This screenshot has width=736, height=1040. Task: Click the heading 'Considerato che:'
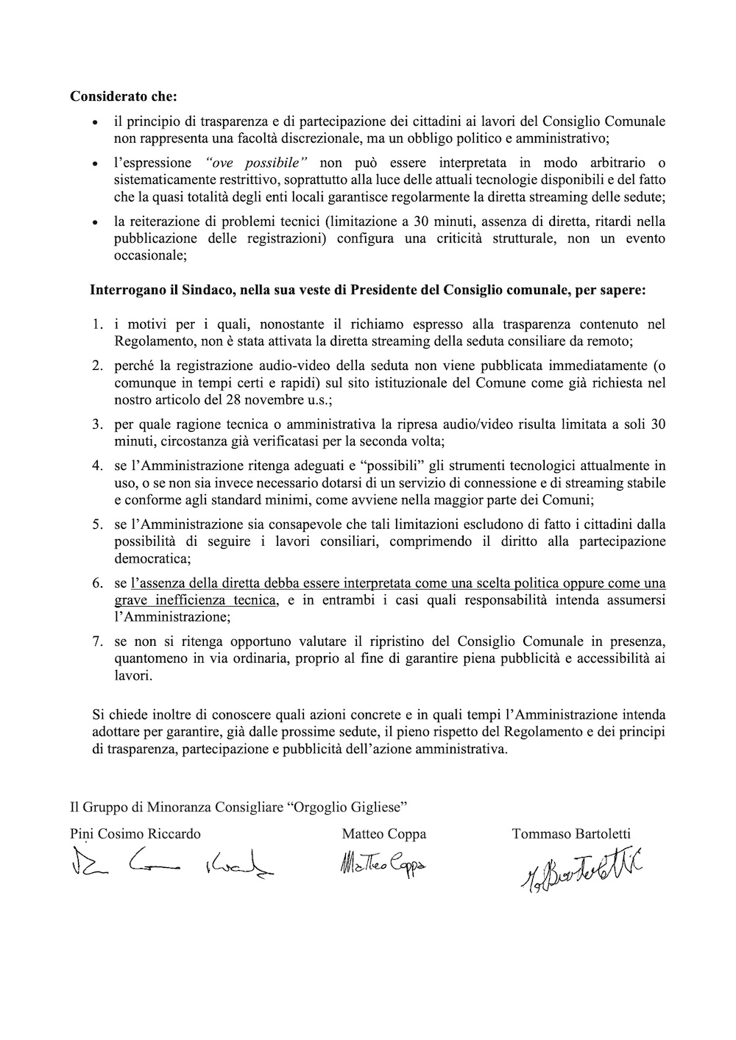124,96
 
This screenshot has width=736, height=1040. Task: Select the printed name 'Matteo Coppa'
383,834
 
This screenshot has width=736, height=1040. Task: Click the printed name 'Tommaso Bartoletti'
571,834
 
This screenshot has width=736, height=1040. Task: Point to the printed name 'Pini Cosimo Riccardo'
135,834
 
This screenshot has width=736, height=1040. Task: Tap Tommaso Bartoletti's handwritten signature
577,872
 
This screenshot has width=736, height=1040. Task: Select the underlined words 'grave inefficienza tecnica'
195,600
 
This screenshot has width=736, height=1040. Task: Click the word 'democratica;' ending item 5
149,558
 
